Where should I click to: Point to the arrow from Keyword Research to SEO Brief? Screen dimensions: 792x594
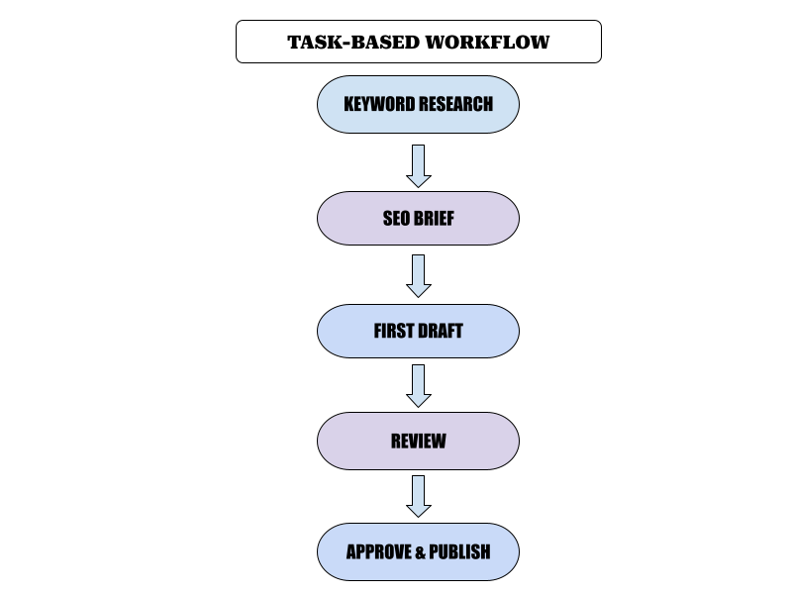point(418,166)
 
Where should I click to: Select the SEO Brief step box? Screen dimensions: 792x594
point(418,218)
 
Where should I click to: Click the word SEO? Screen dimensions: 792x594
point(396,218)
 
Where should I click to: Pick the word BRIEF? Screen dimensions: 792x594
point(434,218)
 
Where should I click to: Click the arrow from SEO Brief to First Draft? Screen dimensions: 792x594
point(418,276)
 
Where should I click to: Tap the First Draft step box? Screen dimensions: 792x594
point(418,331)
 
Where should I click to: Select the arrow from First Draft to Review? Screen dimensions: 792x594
point(418,386)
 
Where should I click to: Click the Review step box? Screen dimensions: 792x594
point(418,441)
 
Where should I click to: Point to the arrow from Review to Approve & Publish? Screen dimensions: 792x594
point(418,496)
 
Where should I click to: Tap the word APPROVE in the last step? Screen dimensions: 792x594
point(379,551)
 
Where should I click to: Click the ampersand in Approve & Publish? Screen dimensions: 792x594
point(420,552)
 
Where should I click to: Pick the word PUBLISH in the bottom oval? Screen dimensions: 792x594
point(459,551)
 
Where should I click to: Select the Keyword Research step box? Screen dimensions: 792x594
point(418,105)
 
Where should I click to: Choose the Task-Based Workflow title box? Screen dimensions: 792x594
point(419,42)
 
